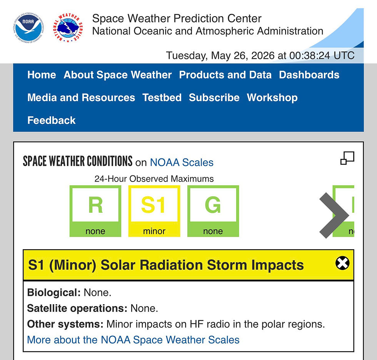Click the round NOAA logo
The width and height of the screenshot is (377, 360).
(x=28, y=28)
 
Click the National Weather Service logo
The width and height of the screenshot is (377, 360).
(x=68, y=28)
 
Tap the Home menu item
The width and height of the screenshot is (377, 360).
(x=42, y=75)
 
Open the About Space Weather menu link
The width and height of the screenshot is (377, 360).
(x=118, y=75)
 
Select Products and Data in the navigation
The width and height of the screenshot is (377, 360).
(x=225, y=75)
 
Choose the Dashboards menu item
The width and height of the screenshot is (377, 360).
(x=309, y=75)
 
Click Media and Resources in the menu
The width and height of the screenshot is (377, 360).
(x=81, y=98)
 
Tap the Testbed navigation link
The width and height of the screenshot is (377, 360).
(x=162, y=98)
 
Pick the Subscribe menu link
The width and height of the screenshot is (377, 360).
(x=214, y=98)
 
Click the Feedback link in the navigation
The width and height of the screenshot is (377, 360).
(x=52, y=120)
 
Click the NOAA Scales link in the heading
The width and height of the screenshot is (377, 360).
(x=182, y=162)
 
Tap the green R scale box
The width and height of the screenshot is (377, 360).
(x=95, y=211)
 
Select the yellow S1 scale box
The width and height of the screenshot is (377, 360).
(x=154, y=211)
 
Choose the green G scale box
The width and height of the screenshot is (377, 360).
(x=213, y=211)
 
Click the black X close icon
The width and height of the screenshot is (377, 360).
(x=342, y=263)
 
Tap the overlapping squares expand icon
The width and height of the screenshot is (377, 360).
(x=347, y=158)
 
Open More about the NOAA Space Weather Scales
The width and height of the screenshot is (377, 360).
(x=133, y=340)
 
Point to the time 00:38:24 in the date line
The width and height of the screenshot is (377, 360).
(x=310, y=55)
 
